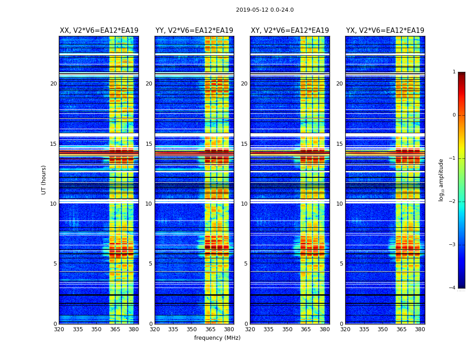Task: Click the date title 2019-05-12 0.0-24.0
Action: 265,10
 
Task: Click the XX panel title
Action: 99,31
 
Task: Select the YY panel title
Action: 194,31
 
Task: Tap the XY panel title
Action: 290,31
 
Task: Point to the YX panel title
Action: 385,31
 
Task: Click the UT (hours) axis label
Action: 44,180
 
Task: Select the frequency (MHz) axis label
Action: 217,338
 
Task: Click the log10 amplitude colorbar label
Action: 441,180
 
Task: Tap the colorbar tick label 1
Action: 454,72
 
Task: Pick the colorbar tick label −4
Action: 453,288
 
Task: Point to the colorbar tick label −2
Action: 453,202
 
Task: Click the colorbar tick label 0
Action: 454,115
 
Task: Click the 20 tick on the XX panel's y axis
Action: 53,84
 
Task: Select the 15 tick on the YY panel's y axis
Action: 149,144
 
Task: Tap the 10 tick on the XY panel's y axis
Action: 244,204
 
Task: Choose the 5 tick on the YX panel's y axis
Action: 341,264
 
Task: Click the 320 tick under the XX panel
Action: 59,329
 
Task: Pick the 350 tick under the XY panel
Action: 287,329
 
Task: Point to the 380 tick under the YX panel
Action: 420,329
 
